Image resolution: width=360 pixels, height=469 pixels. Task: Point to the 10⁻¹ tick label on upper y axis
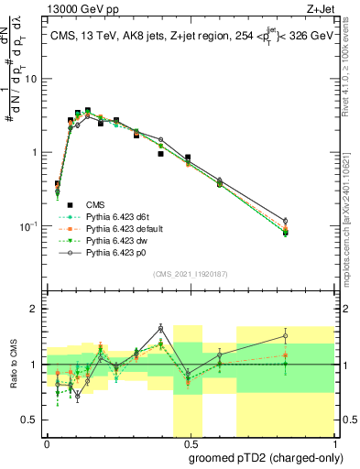point(30,225)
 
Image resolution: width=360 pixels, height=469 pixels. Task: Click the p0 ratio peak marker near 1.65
point(160,328)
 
